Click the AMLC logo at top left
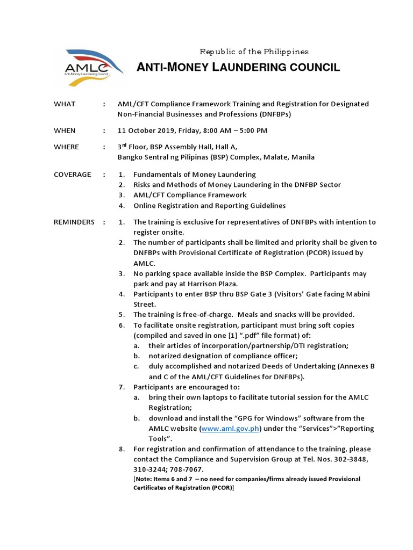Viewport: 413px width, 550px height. (87, 67)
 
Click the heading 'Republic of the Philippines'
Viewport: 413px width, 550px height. (254, 52)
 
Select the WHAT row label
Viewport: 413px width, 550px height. (65, 104)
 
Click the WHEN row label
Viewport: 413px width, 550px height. (65, 131)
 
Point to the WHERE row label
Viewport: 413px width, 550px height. (66, 147)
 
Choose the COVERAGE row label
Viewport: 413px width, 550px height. (72, 175)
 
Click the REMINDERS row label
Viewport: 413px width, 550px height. (74, 222)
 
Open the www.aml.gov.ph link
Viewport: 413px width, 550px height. (230, 429)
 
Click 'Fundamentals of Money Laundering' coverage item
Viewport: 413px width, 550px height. (195, 175)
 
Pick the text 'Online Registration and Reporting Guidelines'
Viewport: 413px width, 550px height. (210, 206)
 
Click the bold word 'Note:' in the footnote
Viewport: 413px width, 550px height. (144, 479)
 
